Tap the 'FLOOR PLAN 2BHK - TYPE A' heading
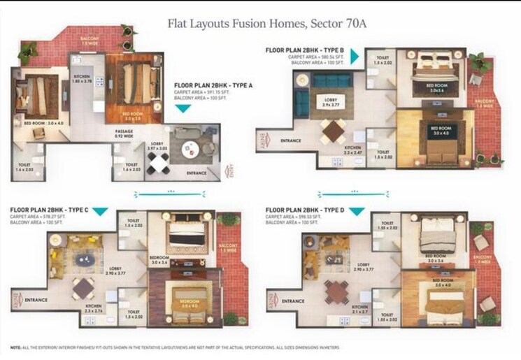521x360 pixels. [x=213, y=85]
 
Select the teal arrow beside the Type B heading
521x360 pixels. [x=355, y=57]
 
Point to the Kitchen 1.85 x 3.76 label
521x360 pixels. [x=83, y=80]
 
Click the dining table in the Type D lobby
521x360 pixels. [x=336, y=291]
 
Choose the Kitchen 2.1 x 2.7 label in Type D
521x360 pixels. [x=360, y=310]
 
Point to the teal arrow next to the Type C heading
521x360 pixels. [x=101, y=212]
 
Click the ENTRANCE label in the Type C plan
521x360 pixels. [x=36, y=301]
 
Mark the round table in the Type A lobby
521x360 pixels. [x=189, y=149]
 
